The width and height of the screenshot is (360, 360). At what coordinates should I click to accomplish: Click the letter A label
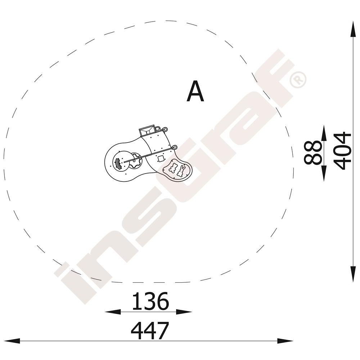click(x=195, y=91)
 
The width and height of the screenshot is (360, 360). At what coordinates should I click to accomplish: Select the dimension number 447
click(x=150, y=330)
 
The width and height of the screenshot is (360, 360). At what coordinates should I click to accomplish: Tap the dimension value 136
click(x=150, y=301)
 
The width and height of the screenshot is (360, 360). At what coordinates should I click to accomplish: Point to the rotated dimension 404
click(x=343, y=150)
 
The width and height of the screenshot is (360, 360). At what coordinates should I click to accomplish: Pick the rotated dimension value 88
click(x=312, y=152)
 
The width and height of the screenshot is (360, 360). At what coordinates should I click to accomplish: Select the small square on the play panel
click(x=161, y=158)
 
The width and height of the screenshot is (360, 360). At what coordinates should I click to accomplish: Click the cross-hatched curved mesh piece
click(x=118, y=163)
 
